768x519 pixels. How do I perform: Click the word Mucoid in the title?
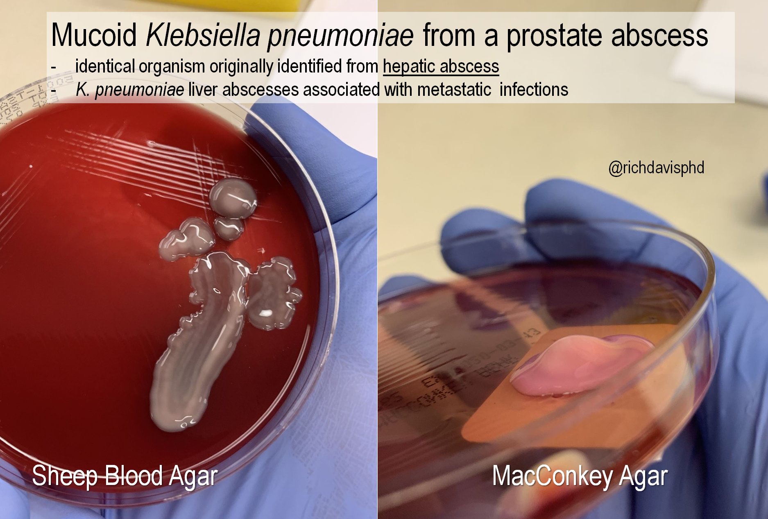[94, 35]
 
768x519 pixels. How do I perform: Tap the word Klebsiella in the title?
[202, 35]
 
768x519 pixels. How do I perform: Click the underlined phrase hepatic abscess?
[441, 66]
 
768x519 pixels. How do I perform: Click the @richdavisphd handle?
[656, 168]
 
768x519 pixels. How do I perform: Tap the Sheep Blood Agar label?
[125, 476]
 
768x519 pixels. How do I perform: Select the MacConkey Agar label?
[580, 476]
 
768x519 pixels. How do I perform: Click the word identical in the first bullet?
[105, 66]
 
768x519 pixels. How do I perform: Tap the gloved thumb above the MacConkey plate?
[561, 205]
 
